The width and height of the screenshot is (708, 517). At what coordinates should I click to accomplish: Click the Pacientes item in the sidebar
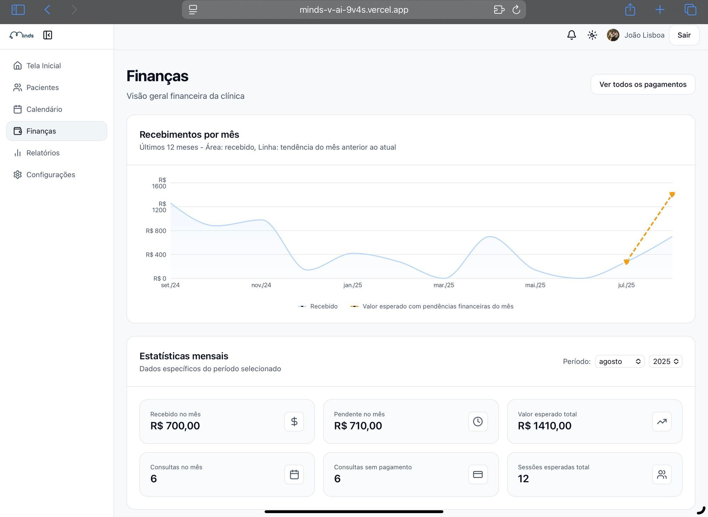[x=42, y=88]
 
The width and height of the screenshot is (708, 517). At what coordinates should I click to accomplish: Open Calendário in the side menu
[x=44, y=109]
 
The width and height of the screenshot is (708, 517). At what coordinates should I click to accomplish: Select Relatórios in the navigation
[x=43, y=153]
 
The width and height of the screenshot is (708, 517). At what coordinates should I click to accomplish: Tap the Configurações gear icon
[x=17, y=175]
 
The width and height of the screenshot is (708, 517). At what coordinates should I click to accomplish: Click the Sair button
[x=684, y=35]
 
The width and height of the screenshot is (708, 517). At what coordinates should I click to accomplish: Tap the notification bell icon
[x=571, y=35]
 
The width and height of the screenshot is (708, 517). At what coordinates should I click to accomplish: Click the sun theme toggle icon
[x=592, y=35]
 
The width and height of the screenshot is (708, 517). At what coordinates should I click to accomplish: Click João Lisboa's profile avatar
[x=613, y=35]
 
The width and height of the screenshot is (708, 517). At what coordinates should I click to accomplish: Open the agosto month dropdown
[x=619, y=361]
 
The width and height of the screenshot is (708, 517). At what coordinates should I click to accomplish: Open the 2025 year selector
[x=665, y=361]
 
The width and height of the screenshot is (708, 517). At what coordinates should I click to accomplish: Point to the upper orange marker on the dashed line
[x=672, y=194]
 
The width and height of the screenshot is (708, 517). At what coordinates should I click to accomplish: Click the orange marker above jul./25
[x=626, y=262]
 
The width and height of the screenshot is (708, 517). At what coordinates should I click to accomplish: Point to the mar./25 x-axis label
[x=444, y=285]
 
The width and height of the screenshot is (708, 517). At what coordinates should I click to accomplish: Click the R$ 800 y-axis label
[x=156, y=231]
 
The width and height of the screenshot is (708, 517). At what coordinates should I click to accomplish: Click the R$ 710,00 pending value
[x=358, y=426]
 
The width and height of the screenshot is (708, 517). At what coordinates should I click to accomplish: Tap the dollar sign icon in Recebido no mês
[x=294, y=421]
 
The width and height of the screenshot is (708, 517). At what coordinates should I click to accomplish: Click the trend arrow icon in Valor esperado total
[x=661, y=421]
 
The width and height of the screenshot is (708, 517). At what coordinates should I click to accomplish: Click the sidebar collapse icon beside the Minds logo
[x=47, y=35]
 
